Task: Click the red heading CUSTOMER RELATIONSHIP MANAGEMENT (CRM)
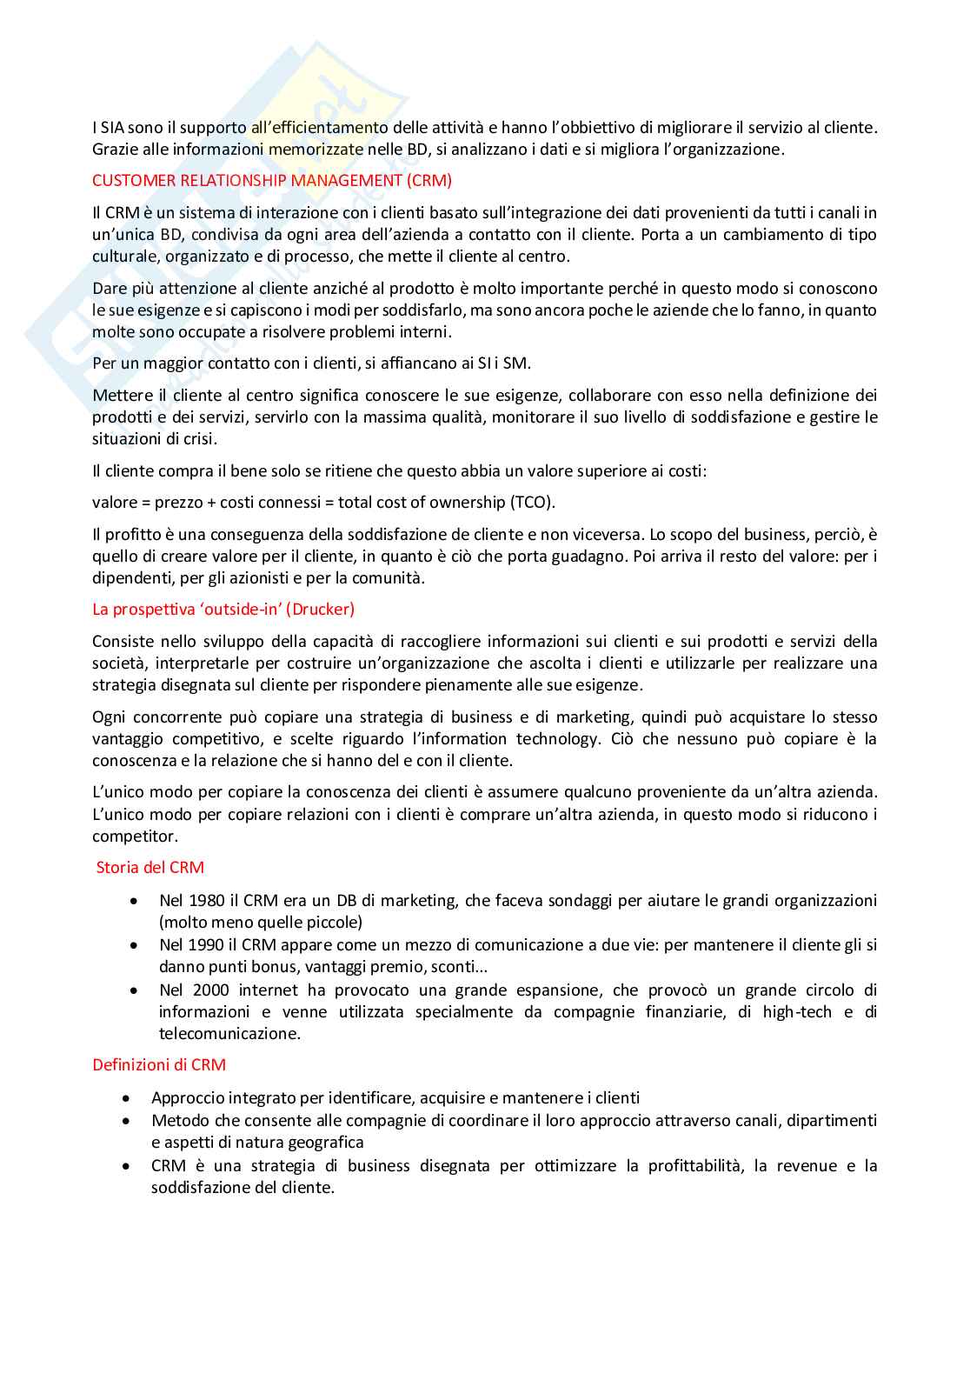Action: tap(272, 181)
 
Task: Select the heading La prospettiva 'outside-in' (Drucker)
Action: tap(223, 610)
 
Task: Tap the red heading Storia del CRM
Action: tap(149, 868)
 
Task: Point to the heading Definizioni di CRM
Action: tap(159, 1065)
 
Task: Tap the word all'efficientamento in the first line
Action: tap(319, 128)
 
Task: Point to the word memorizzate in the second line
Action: tap(316, 150)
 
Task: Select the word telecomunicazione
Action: tap(229, 1034)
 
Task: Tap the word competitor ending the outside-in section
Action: tap(134, 836)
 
